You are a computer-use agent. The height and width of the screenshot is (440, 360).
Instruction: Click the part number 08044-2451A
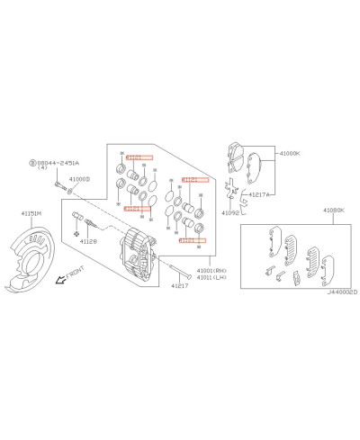pos(58,163)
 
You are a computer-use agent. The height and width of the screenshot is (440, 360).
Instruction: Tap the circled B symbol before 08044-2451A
pos(31,163)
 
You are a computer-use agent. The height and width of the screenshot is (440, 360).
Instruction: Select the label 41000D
pos(80,179)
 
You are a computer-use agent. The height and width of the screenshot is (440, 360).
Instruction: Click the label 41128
pos(88,241)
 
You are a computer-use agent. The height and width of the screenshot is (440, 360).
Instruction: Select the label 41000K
pos(287,154)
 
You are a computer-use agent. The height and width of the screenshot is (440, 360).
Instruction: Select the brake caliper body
pos(142,254)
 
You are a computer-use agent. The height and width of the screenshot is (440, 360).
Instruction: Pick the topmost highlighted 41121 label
pos(140,157)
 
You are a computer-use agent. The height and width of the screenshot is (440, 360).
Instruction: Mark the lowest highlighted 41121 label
pos(193,240)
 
